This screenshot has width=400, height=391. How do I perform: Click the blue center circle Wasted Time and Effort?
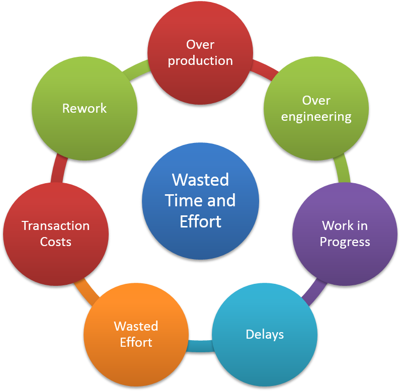tap(200, 201)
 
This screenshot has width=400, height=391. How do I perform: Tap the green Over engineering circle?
tap(316, 108)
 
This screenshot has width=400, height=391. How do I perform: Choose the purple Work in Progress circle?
tap(345, 234)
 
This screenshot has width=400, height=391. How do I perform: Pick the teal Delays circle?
tap(265, 334)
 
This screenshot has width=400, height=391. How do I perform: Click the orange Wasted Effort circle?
tap(136, 334)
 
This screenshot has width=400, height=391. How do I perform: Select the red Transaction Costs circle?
tap(56, 234)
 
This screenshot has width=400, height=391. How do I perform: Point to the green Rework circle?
tap(85, 108)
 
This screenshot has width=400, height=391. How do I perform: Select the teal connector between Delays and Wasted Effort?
tap(200, 346)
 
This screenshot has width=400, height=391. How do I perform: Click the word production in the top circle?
tap(200, 61)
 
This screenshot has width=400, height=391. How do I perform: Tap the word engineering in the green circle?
tap(316, 117)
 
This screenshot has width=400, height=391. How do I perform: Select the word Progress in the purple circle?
tap(345, 242)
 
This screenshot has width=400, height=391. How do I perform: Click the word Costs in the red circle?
tap(56, 242)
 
